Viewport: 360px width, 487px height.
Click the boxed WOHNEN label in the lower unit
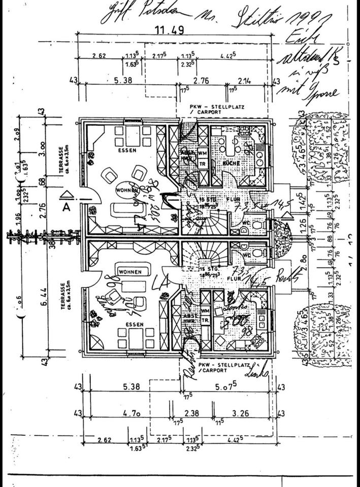pyautogui.click(x=130, y=272)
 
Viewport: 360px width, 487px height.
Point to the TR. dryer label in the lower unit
pyautogui.click(x=206, y=320)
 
